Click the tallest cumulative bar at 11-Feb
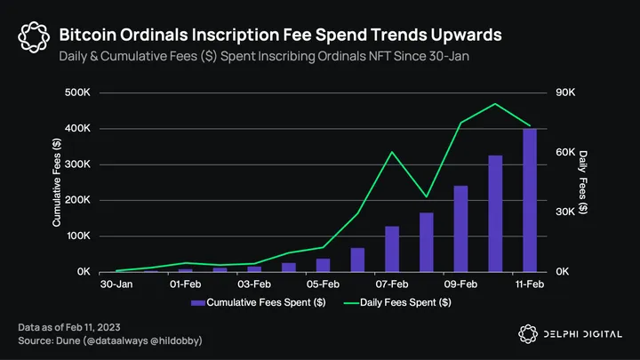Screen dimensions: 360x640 529,200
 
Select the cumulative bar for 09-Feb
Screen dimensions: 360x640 460,228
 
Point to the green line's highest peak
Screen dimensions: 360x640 495,104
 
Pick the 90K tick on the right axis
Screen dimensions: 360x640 567,92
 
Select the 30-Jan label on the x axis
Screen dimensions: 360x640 116,284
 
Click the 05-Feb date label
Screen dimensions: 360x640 323,284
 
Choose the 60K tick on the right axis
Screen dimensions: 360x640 567,152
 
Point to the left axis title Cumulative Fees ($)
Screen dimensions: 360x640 57,182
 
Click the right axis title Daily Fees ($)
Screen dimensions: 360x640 584,182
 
